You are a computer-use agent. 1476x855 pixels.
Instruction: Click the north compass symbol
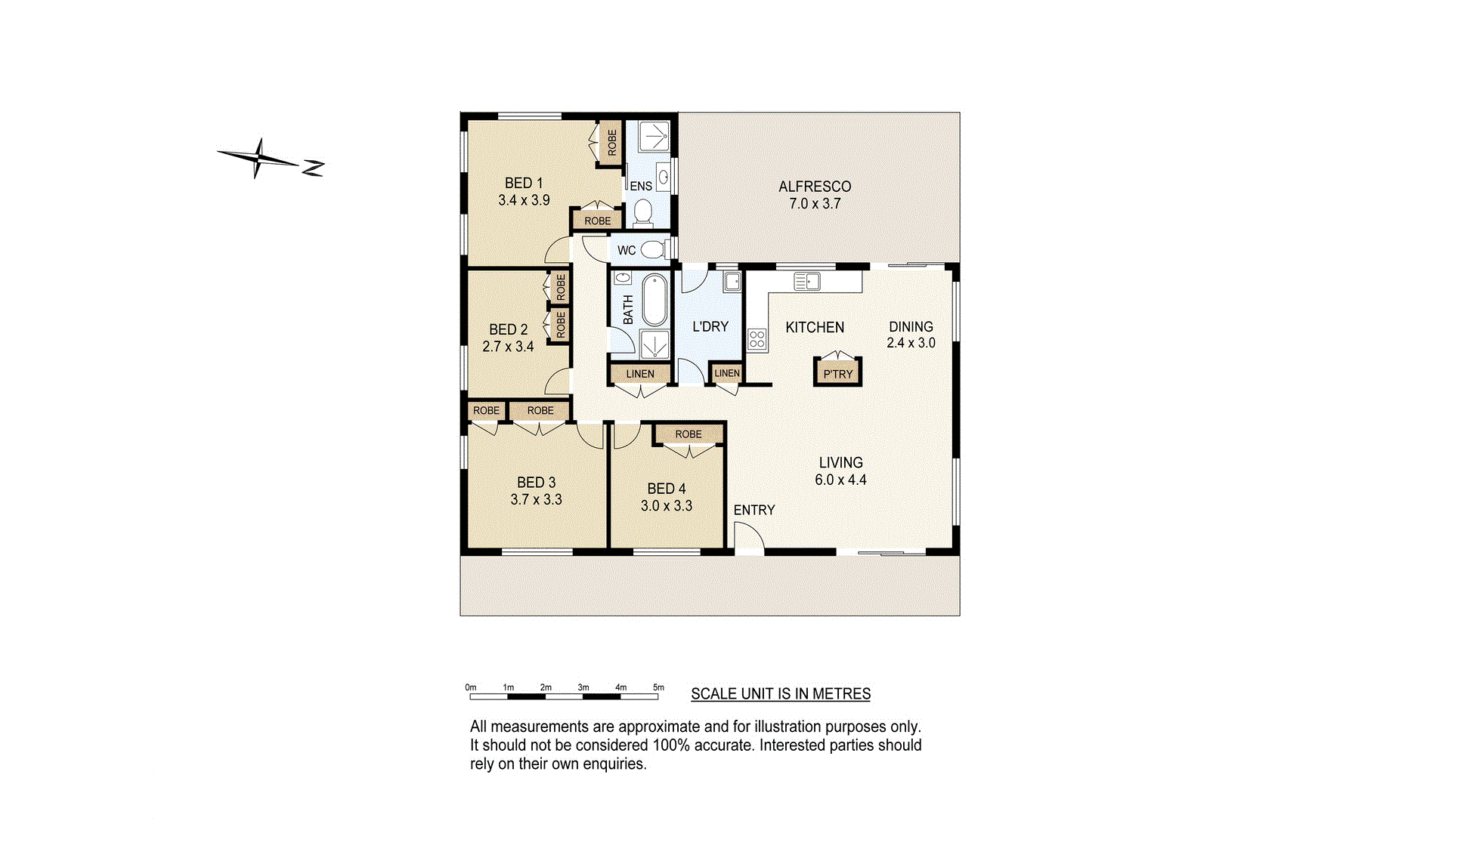tap(270, 159)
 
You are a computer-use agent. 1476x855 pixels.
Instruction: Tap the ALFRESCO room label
tap(815, 187)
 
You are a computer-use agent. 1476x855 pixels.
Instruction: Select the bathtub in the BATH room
tap(654, 300)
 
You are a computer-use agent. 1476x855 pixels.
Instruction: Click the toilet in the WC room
tap(652, 249)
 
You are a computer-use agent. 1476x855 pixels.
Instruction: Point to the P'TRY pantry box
tap(837, 372)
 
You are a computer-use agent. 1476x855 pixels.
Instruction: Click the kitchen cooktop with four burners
tap(757, 339)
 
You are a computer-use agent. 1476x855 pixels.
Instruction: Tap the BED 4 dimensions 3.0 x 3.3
tap(667, 506)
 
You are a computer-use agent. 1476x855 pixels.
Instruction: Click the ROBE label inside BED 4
tap(688, 434)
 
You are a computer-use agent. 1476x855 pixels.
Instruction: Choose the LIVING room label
tap(840, 462)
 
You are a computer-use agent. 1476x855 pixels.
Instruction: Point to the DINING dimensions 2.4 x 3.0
tap(911, 343)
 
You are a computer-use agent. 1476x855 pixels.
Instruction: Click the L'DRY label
tap(710, 326)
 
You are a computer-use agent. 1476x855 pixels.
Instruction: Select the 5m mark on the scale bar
tap(658, 687)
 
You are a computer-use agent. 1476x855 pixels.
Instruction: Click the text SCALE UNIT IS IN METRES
tap(781, 693)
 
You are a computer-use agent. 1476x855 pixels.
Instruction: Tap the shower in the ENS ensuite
tap(653, 137)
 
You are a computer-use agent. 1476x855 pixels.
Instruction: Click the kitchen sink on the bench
tap(807, 282)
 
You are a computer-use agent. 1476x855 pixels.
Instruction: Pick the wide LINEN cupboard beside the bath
tap(640, 374)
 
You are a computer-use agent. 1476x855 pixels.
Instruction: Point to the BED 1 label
tap(524, 183)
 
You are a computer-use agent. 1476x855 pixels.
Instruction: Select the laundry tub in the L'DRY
tap(732, 282)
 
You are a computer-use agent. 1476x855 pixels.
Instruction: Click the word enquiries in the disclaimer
tap(614, 764)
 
